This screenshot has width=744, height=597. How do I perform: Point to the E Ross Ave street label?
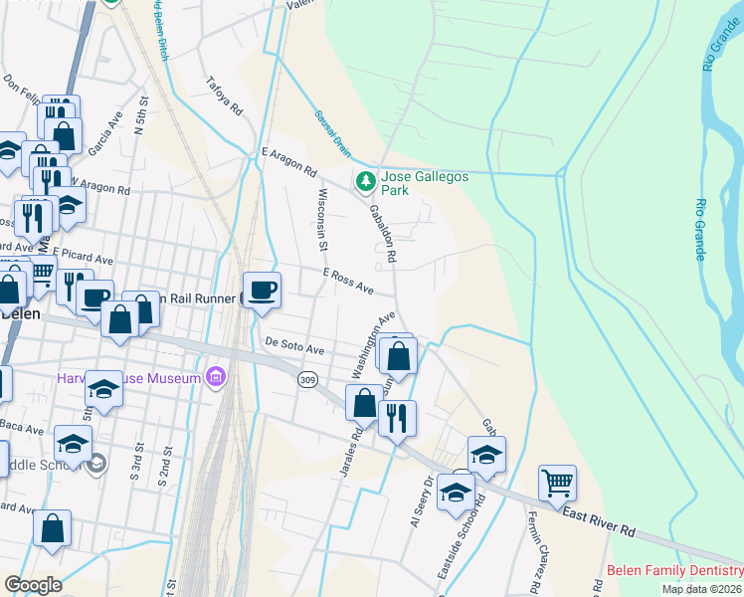point(348,281)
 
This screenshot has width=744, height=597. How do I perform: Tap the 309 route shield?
point(306,380)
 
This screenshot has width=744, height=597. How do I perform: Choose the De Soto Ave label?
point(294,349)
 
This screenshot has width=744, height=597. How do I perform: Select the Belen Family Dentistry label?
point(674,571)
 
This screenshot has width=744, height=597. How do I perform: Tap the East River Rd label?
point(599,520)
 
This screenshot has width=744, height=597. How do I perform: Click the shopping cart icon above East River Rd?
point(558,484)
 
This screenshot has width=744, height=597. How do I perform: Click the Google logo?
point(33,585)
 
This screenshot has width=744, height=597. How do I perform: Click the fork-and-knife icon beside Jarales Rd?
point(397,416)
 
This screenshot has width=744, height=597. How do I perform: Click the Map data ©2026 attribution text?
point(702,589)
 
